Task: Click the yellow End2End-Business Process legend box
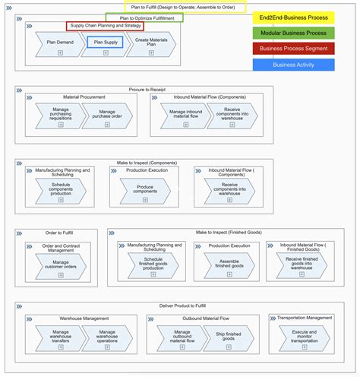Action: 292,17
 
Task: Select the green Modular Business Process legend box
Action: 292,33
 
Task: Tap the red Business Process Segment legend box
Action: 292,49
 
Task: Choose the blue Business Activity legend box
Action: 292,65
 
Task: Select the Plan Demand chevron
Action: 60,43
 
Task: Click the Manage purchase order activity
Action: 108,115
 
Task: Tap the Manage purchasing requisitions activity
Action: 60,115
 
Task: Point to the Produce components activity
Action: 144,191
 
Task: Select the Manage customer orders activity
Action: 60,265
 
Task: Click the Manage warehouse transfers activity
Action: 60,337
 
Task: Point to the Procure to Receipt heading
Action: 144,89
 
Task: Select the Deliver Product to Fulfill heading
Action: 182,305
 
